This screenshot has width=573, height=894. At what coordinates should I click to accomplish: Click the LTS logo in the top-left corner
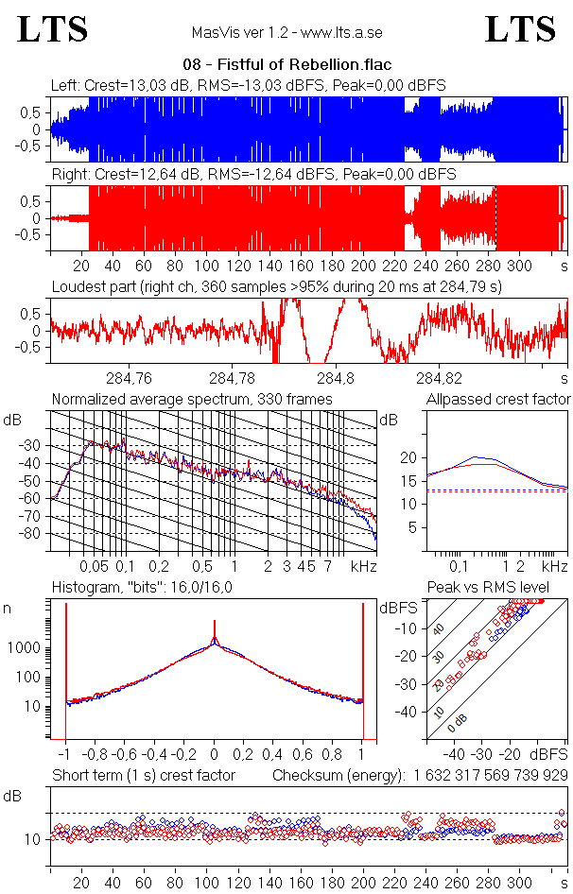[x=53, y=29]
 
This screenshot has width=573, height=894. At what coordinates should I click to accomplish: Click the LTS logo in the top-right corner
[x=520, y=29]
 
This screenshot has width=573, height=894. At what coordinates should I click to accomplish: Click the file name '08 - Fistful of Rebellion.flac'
[x=286, y=65]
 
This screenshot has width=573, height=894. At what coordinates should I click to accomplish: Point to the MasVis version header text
[x=286, y=33]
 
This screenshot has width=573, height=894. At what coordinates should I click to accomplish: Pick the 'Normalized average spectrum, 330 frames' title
[x=192, y=400]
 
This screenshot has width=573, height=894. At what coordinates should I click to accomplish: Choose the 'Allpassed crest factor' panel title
[x=498, y=400]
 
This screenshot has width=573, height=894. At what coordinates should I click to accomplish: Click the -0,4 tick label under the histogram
[x=155, y=755]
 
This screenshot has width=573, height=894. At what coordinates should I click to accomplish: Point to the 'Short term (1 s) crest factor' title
[x=143, y=776]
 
